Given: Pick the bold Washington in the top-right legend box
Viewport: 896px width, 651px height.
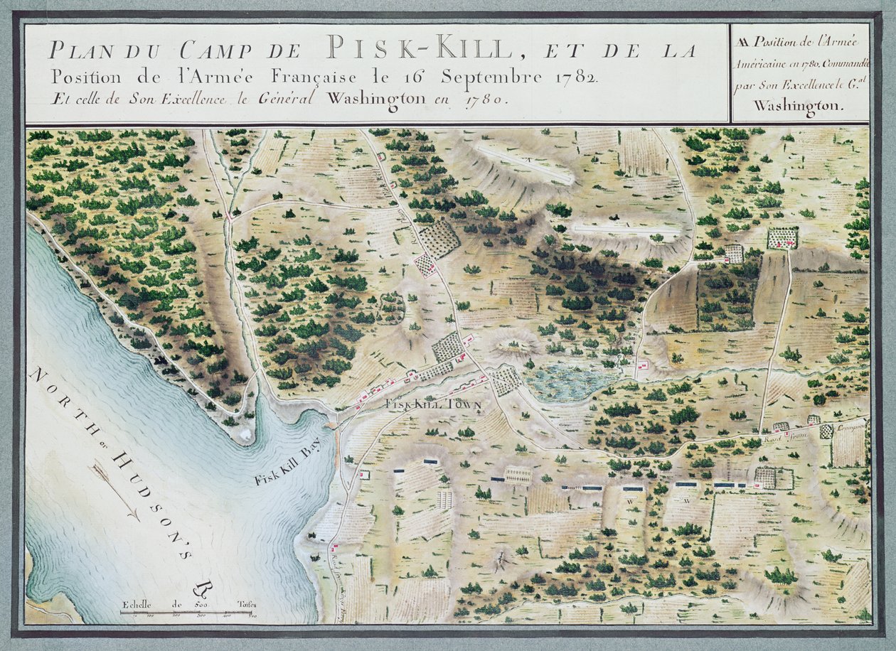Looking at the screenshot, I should coord(796,104).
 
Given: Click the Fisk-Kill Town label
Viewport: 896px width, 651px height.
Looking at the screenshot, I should coord(433,404).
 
